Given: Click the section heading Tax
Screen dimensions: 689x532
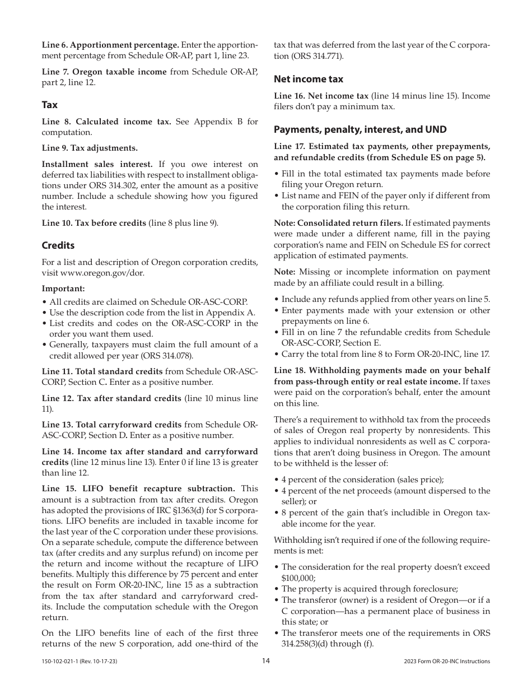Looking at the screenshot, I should (49, 105).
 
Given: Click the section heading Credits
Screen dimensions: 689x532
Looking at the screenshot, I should (58, 245).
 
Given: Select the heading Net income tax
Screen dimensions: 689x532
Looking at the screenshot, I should (308, 79).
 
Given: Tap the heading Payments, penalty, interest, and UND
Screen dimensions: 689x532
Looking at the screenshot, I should (360, 129).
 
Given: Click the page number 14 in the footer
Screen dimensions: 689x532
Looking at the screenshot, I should (266, 661).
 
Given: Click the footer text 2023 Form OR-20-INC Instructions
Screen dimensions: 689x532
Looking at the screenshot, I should (446, 662).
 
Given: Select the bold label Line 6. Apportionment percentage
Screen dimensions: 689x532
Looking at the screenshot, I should (110, 45).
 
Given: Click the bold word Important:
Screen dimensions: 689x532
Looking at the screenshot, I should (63, 289).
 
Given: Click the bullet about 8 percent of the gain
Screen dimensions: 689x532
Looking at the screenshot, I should (385, 518).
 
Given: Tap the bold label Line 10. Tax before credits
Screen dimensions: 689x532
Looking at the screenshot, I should (94, 223).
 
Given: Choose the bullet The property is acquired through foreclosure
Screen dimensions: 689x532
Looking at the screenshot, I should (370, 589).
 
